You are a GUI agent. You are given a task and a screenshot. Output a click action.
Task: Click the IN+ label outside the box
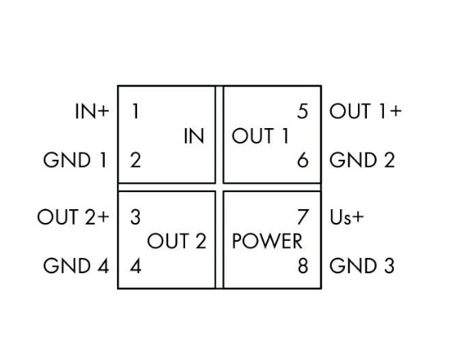[x=92, y=111]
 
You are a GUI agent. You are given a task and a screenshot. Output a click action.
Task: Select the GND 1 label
[x=75, y=161]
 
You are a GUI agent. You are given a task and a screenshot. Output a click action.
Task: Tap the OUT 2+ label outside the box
[x=73, y=217]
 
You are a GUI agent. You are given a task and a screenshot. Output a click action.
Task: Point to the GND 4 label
[x=76, y=266]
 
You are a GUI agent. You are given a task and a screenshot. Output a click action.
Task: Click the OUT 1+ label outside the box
[x=365, y=111]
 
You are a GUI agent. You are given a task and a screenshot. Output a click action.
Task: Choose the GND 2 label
[x=362, y=161]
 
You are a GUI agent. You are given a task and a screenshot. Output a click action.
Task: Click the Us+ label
[x=347, y=217]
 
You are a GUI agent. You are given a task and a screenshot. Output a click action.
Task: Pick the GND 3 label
[x=362, y=266]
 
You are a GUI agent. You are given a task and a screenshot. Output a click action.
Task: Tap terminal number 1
[x=136, y=111]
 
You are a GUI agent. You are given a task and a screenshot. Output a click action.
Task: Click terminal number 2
[x=136, y=161]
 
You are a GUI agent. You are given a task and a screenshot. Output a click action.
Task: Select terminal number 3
[x=136, y=217]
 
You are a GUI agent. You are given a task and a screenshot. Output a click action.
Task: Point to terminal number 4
[x=136, y=266]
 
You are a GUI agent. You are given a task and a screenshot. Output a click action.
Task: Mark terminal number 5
[x=303, y=111]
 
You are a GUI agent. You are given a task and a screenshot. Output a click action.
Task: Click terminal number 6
[x=303, y=161]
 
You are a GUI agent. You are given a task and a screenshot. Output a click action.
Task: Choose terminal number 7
[x=303, y=217]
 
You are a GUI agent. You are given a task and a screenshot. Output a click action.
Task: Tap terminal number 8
[x=303, y=266]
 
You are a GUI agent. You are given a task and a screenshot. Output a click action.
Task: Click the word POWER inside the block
[x=267, y=242]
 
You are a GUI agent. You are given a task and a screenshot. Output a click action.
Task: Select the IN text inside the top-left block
[x=194, y=136]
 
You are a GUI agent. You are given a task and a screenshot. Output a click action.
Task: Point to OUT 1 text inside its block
[x=261, y=136]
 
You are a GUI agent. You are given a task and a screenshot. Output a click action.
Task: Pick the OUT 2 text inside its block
[x=177, y=242]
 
